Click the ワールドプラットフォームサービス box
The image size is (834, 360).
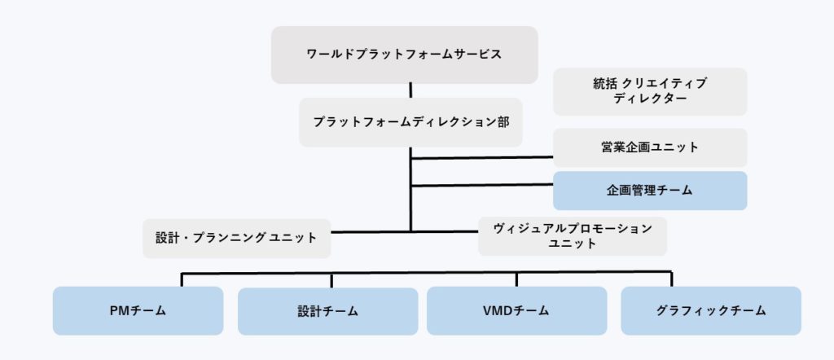pos(404,55)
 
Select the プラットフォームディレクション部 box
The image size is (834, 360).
pos(410,122)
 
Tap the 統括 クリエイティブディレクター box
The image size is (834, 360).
pos(650,91)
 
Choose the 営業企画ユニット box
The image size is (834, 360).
pos(650,147)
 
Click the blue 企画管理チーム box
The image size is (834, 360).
pos(650,191)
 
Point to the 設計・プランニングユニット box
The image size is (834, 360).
pos(236,238)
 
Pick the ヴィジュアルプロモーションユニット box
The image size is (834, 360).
pos(572,236)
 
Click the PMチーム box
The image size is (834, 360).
pos(138,310)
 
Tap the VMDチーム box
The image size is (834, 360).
pos(516,310)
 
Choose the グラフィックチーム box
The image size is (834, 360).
pos(710,310)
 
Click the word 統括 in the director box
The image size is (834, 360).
pos(606,83)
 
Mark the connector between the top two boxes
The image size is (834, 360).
pos(410,90)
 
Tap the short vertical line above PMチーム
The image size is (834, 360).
pos(182,279)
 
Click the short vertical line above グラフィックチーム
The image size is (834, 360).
pos(671,279)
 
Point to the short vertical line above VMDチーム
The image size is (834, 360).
pos(516,279)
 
